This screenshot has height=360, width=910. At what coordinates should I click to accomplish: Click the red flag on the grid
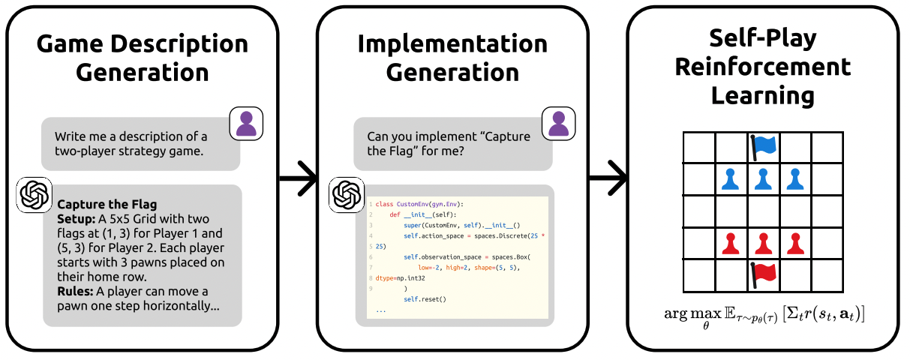tap(764, 275)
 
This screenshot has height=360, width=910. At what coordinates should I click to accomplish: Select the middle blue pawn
tap(764, 179)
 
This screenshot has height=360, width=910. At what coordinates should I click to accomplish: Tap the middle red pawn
tap(764, 243)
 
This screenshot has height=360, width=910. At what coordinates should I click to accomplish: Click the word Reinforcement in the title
tap(763, 67)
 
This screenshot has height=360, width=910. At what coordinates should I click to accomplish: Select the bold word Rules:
tap(76, 290)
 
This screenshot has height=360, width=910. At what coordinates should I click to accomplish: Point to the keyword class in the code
tap(384, 204)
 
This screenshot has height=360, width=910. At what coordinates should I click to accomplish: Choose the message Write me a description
tap(131, 144)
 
